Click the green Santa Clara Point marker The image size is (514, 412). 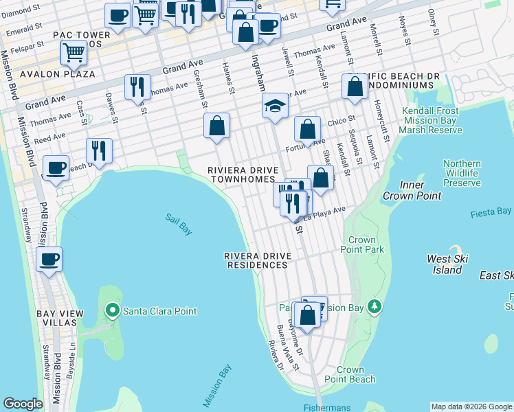[113, 311]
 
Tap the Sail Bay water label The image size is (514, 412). [178, 225]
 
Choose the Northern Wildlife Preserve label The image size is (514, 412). [462, 173]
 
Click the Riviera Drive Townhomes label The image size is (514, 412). [244, 174]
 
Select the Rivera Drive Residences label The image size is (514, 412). [258, 260]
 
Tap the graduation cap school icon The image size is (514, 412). [274, 106]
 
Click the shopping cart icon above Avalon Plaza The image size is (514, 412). [74, 52]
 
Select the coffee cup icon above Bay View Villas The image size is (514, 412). [49, 260]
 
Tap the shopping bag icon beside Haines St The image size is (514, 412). [216, 126]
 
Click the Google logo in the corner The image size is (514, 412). [23, 404]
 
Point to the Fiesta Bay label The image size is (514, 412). [491, 213]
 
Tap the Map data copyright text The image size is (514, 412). [471, 407]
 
